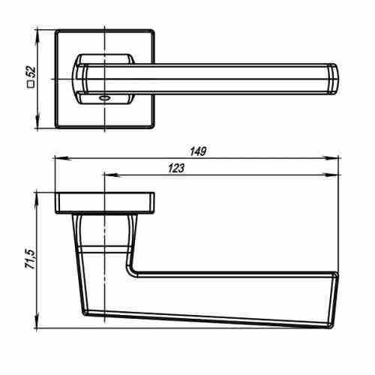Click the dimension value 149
198,151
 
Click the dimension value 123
176,168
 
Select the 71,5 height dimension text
31,259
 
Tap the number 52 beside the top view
31,72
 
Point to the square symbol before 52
31,85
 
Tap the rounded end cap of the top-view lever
333,79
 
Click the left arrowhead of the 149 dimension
61,158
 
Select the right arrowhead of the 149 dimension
331,158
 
